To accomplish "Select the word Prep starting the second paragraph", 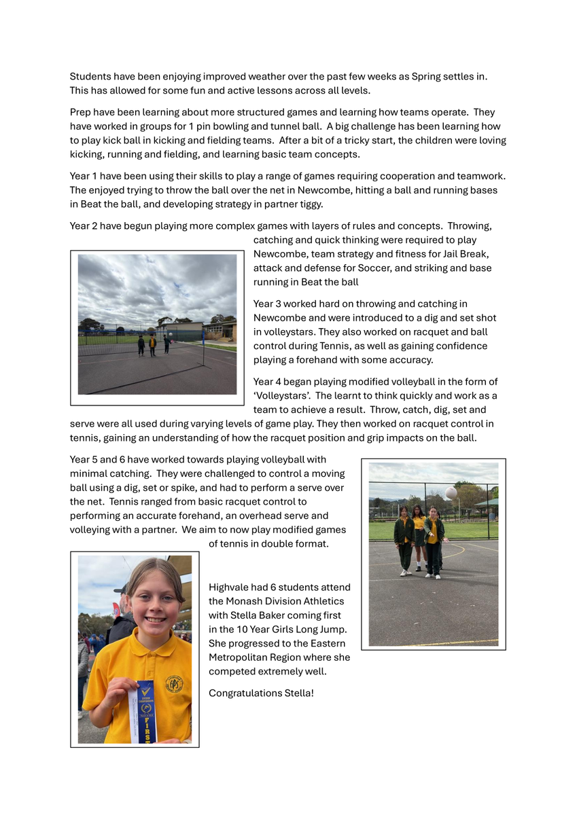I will tap(81, 112).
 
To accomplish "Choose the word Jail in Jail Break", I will tap(447, 254).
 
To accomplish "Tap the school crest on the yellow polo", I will tap(173, 683).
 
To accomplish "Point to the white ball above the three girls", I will tap(451, 492).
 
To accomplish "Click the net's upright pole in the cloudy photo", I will tap(204, 348).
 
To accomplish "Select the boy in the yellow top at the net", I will tap(153, 344).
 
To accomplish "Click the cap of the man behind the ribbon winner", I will tap(121, 591).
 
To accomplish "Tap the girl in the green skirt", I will tap(419, 533).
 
